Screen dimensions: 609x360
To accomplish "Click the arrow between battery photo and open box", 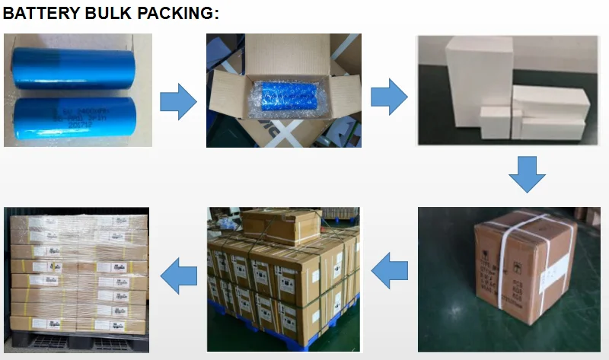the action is coord(177,103).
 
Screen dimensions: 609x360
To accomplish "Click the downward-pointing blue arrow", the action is coord(527,174).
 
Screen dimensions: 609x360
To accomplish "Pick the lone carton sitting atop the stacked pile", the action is coord(282,225).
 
